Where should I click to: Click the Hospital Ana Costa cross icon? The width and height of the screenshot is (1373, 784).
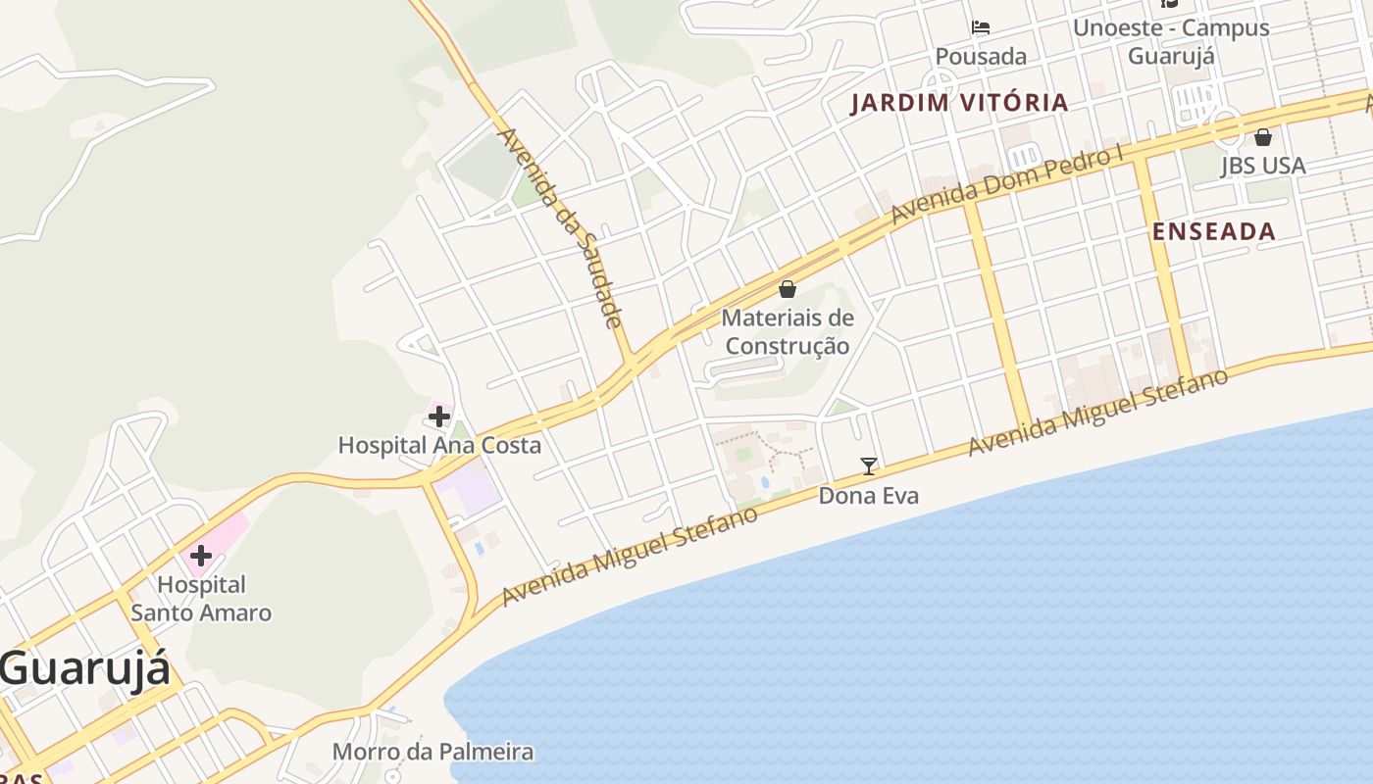438,416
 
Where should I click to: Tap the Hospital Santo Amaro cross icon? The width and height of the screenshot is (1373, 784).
201,557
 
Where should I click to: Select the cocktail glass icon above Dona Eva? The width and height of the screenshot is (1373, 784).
869,466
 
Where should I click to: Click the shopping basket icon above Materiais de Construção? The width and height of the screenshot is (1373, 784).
788,289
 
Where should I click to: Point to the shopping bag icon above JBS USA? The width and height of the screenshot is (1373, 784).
1263,137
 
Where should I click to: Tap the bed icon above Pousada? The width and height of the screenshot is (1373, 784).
981,27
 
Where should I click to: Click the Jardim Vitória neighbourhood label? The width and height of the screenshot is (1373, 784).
958,102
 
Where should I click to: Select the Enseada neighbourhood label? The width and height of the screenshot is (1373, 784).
1213,231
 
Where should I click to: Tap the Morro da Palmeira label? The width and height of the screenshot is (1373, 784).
432,752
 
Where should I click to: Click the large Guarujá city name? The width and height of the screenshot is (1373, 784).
84,669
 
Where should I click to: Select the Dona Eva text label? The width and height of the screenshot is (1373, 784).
869,496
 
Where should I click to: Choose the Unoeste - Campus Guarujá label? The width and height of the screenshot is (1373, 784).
1171,41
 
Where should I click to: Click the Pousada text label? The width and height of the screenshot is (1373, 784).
981,57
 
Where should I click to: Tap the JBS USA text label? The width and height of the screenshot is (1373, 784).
1263,166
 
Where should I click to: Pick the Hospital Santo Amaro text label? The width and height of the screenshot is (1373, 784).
201,599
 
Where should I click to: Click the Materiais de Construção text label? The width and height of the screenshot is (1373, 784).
788,331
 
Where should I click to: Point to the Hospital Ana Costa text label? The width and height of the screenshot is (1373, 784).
438,445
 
